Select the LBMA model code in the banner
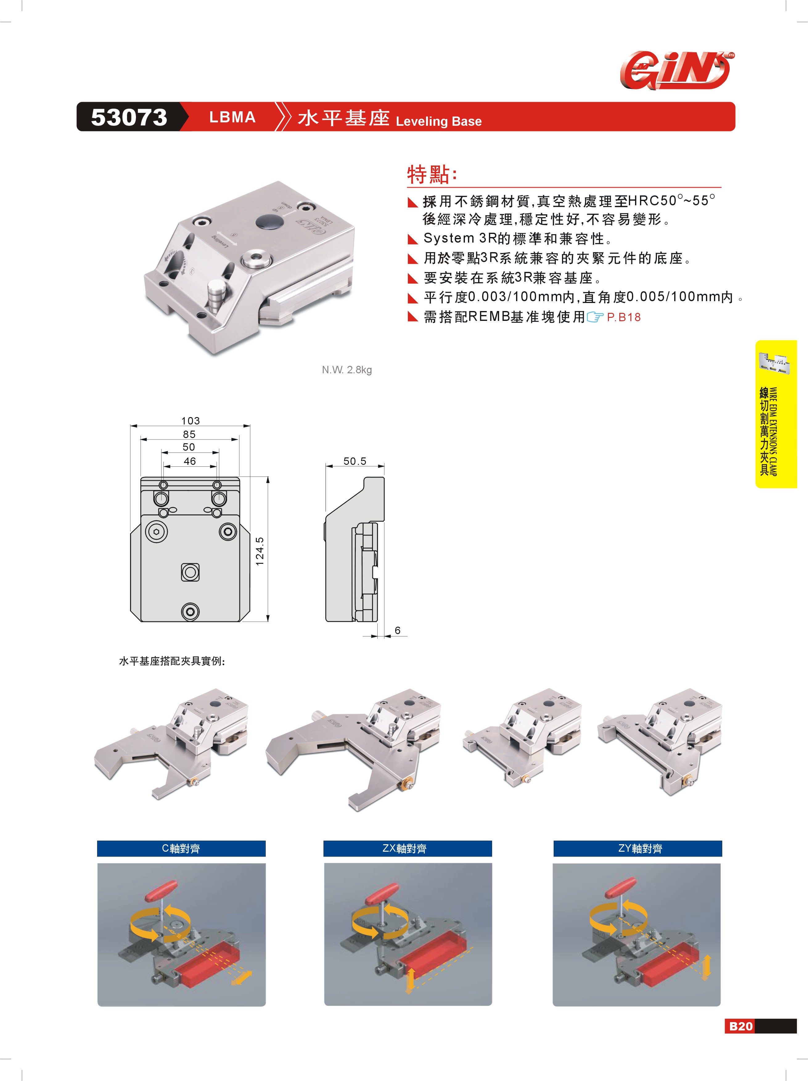[232, 117]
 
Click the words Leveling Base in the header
[438, 121]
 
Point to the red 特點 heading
[432, 174]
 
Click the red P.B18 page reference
[623, 317]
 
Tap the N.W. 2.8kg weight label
[347, 370]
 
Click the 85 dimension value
[189, 434]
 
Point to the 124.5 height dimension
[260, 551]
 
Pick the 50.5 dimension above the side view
[355, 461]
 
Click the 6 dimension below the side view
[397, 630]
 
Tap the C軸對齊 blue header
[181, 848]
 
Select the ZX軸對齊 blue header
[408, 848]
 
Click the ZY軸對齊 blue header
[638, 848]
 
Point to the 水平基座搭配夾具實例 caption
[172, 661]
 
